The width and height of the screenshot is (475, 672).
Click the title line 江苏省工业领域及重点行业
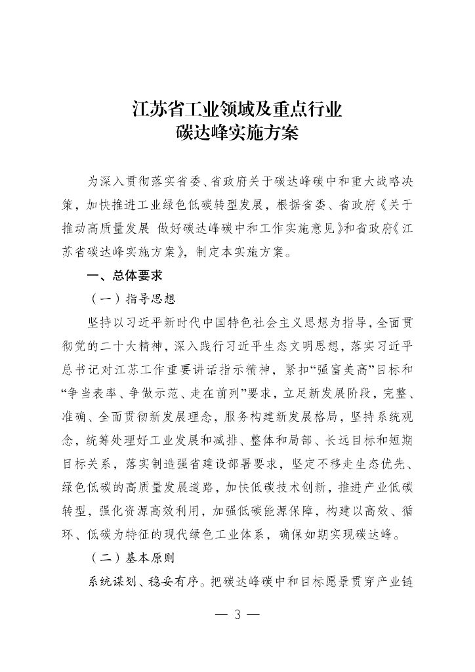(x=237, y=108)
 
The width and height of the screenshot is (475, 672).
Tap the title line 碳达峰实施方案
(x=237, y=133)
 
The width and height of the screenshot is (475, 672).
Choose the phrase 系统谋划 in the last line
(x=112, y=581)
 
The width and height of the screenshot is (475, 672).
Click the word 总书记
(x=84, y=369)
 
